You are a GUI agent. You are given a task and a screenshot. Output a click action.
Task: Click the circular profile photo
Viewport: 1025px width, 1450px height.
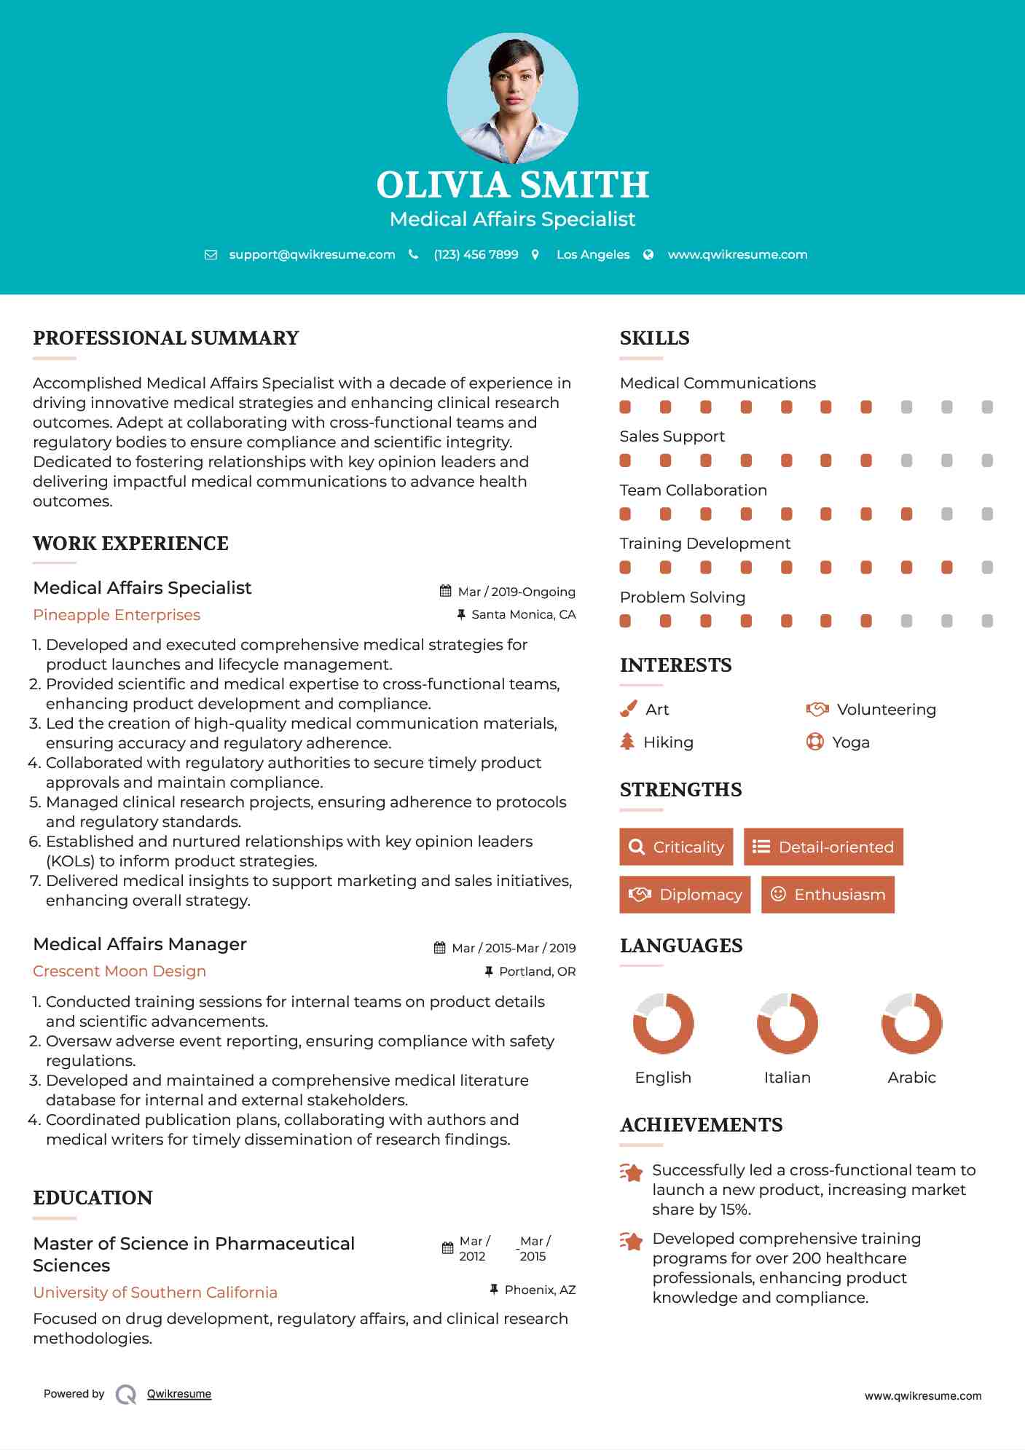(x=512, y=98)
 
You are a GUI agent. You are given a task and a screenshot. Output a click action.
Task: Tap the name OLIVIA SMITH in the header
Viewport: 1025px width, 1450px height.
(x=512, y=185)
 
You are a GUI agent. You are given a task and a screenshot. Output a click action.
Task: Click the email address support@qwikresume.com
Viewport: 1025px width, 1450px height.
(x=312, y=254)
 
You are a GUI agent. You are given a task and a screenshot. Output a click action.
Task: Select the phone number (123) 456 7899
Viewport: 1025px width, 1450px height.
(x=476, y=254)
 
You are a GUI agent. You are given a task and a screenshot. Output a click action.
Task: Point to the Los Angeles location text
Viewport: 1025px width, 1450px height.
(x=593, y=254)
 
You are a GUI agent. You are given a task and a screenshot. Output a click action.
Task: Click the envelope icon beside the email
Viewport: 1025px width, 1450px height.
(x=211, y=255)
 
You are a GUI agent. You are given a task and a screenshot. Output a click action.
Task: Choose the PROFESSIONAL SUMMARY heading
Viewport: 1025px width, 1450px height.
(x=166, y=338)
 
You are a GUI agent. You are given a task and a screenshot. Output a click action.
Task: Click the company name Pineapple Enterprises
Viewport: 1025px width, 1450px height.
(x=117, y=615)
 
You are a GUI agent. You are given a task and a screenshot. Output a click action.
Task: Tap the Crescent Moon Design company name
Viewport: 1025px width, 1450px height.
(x=119, y=971)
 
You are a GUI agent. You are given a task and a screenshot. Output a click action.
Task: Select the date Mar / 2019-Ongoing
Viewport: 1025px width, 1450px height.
(x=517, y=592)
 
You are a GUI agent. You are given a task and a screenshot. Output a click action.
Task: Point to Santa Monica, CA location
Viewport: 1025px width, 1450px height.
(x=523, y=614)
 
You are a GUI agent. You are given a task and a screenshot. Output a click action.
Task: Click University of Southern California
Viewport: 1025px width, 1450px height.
(x=155, y=1292)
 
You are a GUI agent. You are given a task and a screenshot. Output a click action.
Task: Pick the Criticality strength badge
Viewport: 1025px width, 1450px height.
(x=676, y=847)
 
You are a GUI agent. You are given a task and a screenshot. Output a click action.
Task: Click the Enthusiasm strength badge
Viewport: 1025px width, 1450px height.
(x=828, y=894)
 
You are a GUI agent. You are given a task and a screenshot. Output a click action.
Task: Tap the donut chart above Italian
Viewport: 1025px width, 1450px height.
(x=787, y=1023)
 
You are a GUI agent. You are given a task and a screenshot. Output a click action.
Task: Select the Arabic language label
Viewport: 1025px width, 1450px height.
(x=911, y=1077)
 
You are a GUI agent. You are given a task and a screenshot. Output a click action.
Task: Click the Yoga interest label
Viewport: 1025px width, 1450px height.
(x=851, y=742)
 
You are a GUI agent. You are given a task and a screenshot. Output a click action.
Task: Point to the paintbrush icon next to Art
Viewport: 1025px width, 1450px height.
(x=628, y=709)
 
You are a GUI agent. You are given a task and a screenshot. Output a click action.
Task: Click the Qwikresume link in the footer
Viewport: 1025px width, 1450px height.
(x=179, y=1394)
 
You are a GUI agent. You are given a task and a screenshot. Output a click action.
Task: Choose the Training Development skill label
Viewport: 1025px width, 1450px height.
(x=704, y=544)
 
